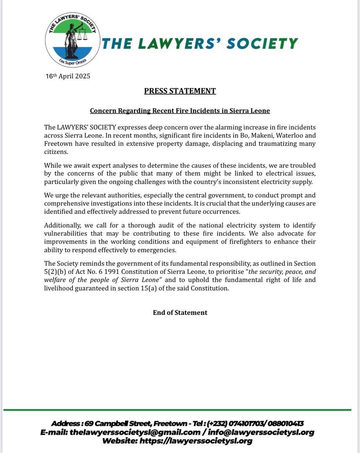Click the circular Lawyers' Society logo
click(x=73, y=40)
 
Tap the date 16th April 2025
click(x=68, y=76)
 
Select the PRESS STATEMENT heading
click(x=180, y=91)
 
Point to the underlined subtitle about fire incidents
click(x=180, y=111)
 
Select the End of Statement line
click(x=180, y=312)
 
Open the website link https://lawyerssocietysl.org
click(x=196, y=441)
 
